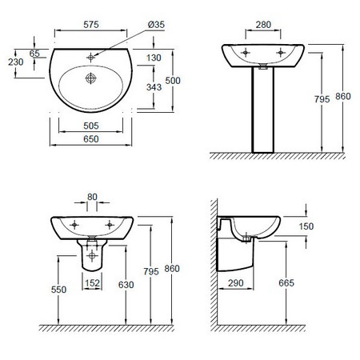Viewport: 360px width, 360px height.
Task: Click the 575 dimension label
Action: click(91, 25)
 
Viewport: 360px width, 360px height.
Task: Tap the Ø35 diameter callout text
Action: click(156, 25)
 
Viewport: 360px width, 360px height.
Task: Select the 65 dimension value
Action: click(34, 54)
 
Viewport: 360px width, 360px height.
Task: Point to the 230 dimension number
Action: click(16, 62)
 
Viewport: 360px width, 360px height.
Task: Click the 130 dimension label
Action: click(154, 58)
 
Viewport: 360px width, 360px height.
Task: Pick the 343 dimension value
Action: click(154, 87)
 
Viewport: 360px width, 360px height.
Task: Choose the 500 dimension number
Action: click(173, 81)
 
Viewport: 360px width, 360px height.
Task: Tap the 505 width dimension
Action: click(91, 126)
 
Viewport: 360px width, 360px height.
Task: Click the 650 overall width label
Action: click(91, 139)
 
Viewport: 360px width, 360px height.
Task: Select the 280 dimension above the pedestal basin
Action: click(263, 25)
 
